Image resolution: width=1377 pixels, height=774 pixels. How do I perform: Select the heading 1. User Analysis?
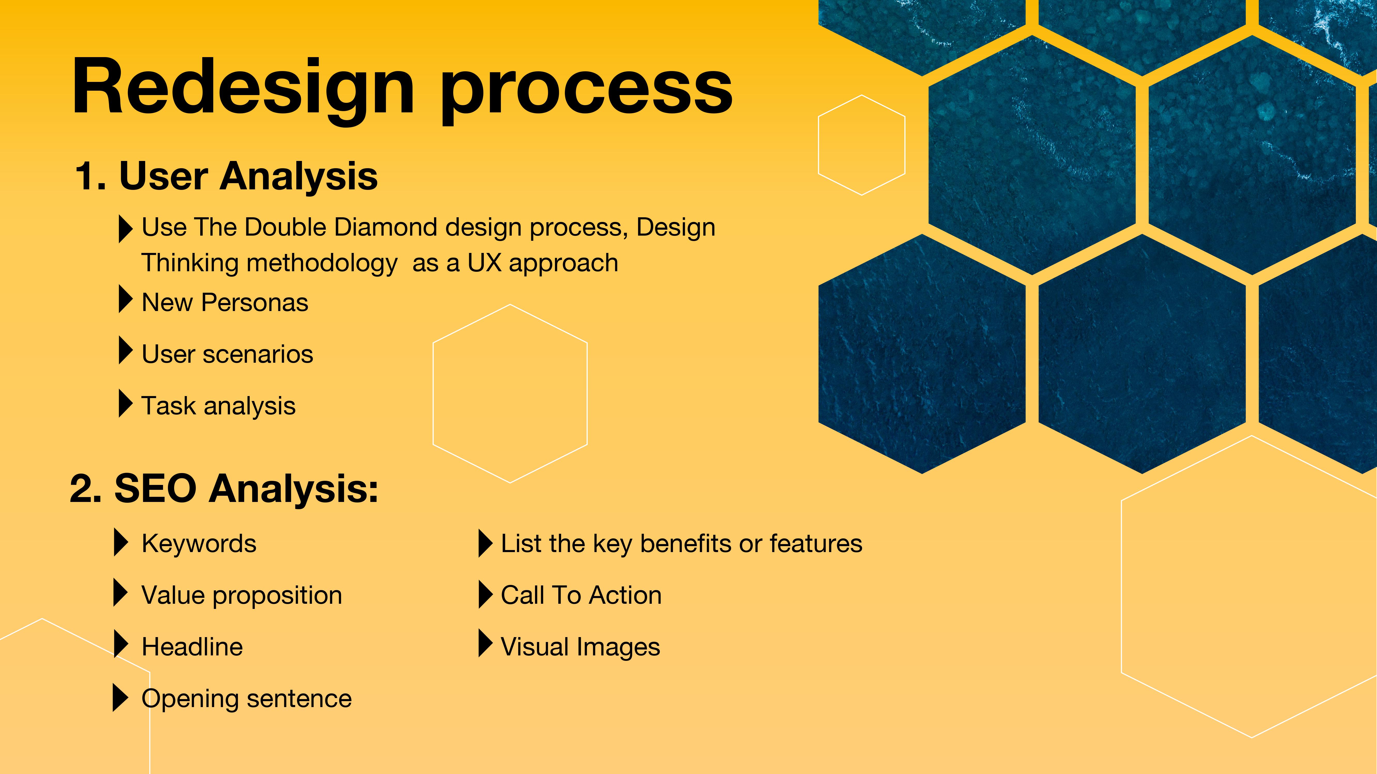coord(226,176)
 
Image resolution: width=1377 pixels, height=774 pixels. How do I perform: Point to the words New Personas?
coord(225,303)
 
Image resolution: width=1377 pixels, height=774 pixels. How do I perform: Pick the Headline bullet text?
coord(192,647)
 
